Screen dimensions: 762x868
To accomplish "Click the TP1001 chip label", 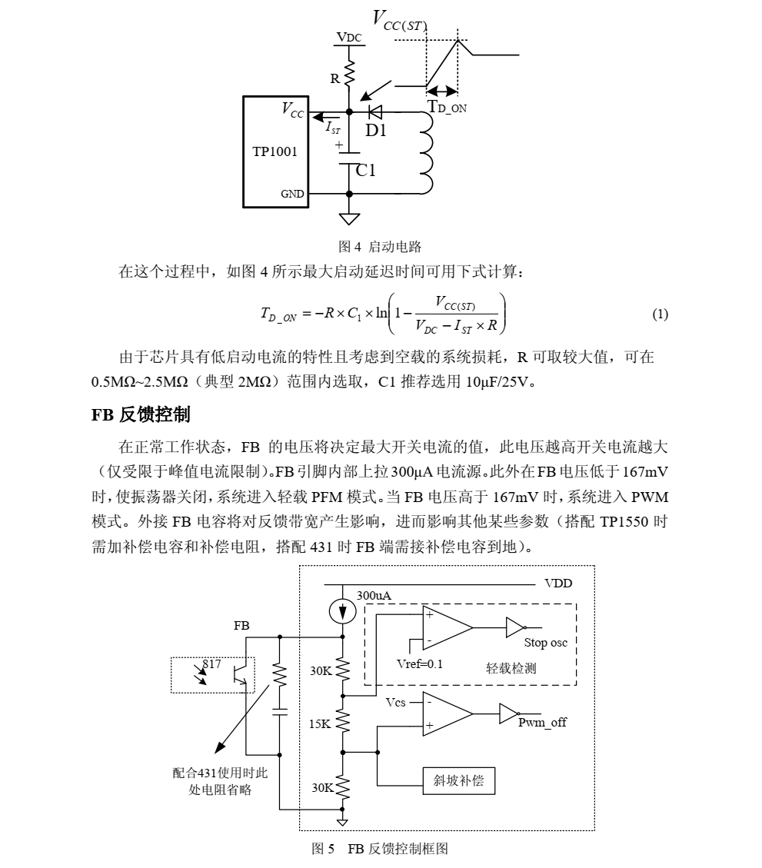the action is pyautogui.click(x=275, y=151).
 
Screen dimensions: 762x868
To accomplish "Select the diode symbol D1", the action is pyautogui.click(x=375, y=112).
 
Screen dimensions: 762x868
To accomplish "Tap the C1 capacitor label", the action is pyautogui.click(x=365, y=171).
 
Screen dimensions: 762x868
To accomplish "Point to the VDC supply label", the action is pyautogui.click(x=349, y=38).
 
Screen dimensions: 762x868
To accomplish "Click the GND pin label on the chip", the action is pyautogui.click(x=292, y=194).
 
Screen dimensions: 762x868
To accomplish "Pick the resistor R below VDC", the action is pyautogui.click(x=349, y=73).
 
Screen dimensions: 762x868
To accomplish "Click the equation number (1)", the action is pyautogui.click(x=660, y=314).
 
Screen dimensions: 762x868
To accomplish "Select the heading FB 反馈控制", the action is pyautogui.click(x=141, y=414).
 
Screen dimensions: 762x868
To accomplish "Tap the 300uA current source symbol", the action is pyautogui.click(x=343, y=612).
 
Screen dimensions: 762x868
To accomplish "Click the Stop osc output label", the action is pyautogui.click(x=545, y=643).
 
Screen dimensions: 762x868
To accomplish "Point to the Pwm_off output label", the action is pyautogui.click(x=542, y=723).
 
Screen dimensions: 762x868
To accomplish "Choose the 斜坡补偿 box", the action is pyautogui.click(x=458, y=781).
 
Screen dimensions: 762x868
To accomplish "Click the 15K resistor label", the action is pyautogui.click(x=320, y=724).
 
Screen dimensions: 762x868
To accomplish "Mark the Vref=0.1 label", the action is pyautogui.click(x=419, y=664).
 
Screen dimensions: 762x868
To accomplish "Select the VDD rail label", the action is pyautogui.click(x=558, y=584).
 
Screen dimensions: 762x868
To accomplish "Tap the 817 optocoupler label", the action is pyautogui.click(x=211, y=663).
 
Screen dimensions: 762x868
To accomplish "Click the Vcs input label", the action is pyautogui.click(x=395, y=703).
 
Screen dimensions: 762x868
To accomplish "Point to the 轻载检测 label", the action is pyautogui.click(x=511, y=668).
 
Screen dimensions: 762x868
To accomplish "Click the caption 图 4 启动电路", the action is pyautogui.click(x=380, y=247).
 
